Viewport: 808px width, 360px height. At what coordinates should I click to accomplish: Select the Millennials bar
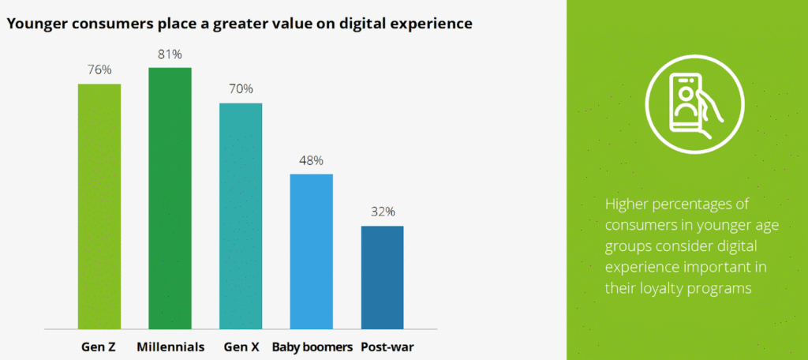170,197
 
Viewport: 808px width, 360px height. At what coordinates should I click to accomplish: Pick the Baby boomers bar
312,250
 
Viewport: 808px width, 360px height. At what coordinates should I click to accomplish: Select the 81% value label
170,54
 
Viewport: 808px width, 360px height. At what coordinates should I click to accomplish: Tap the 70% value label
241,89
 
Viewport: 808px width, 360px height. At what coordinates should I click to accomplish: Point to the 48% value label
312,160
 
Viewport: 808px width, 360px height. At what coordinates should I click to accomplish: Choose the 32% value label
382,212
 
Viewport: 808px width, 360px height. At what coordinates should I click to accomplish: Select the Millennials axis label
170,347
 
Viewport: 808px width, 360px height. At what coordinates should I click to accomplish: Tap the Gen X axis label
241,347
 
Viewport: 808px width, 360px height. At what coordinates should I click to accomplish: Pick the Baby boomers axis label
311,347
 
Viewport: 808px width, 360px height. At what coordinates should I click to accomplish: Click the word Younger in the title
36,24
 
